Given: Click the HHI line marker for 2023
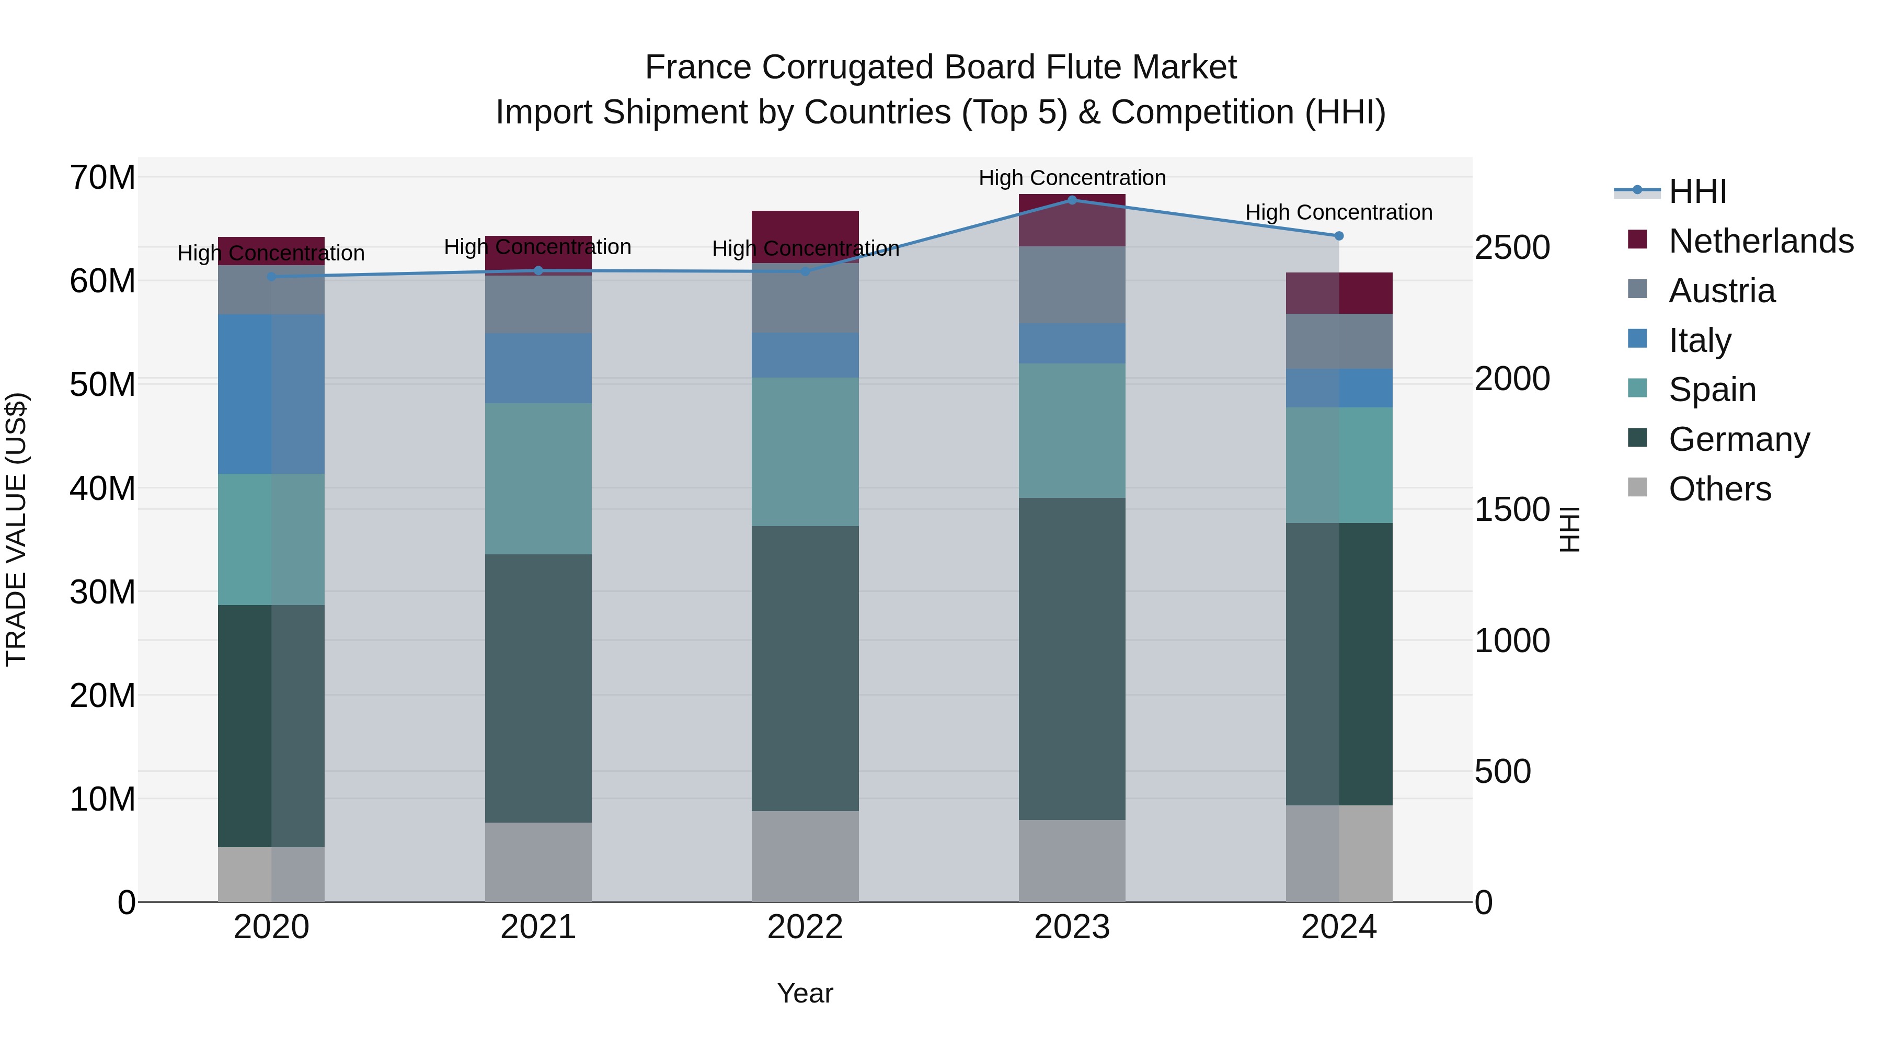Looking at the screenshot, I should click(x=1072, y=200).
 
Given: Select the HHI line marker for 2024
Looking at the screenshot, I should click(x=1338, y=236).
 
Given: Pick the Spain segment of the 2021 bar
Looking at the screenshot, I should click(x=538, y=479).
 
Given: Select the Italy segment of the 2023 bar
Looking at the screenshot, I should click(x=1072, y=344).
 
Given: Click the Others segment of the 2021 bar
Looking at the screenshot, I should click(x=538, y=862).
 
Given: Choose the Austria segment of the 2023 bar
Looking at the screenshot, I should click(x=1072, y=285).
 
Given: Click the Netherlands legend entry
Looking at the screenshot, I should click(x=1761, y=241).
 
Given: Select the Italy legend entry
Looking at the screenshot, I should click(x=1700, y=340).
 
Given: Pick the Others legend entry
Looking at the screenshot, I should click(x=1720, y=489).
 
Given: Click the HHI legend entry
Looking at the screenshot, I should click(x=1697, y=191).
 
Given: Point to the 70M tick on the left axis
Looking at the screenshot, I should click(x=102, y=178).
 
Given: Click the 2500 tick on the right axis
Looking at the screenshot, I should click(x=1511, y=248).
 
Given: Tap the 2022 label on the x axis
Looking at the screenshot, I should click(x=805, y=927).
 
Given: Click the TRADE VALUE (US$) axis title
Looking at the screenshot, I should click(x=16, y=529).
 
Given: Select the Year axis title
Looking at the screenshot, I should click(x=805, y=993).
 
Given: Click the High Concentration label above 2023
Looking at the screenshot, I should click(x=1072, y=178).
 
